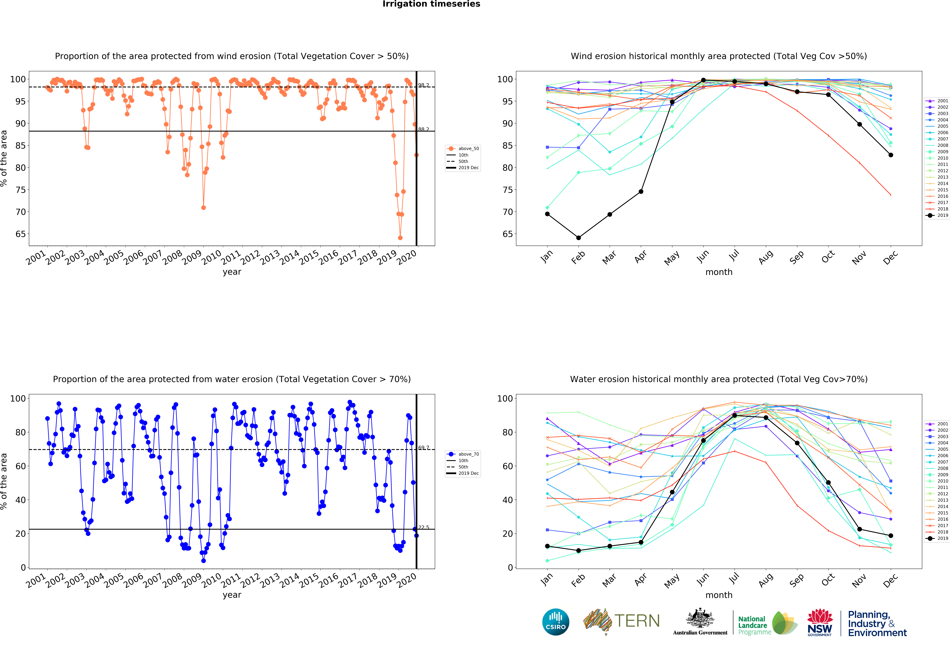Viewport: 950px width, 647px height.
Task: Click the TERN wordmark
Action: click(637, 621)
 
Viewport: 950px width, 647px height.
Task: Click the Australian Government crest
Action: click(700, 619)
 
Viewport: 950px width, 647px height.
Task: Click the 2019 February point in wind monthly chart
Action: click(578, 238)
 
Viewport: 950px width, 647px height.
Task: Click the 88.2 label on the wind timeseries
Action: click(423, 130)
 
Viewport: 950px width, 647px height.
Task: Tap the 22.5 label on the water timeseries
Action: click(423, 528)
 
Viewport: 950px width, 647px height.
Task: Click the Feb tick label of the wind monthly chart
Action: click(578, 257)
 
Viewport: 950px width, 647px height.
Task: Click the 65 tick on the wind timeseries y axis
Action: click(20, 234)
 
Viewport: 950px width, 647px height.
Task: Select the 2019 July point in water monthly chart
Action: click(735, 415)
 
